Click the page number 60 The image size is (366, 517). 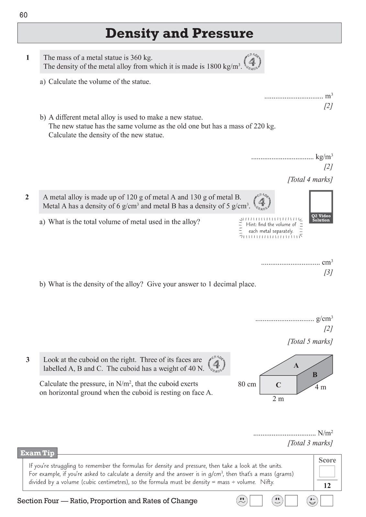[24, 15]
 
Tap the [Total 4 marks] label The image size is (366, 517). [310, 179]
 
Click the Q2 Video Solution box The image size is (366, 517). [321, 207]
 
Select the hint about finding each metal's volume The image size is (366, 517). [271, 228]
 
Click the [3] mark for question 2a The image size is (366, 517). [328, 272]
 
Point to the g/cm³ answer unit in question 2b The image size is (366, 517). [324, 319]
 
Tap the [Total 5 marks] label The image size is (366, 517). [310, 341]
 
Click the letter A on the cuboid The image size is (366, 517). [296, 366]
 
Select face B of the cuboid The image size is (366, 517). [315, 375]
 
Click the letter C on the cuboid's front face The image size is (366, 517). [278, 385]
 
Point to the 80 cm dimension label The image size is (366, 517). [247, 384]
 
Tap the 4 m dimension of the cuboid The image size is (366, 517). [321, 387]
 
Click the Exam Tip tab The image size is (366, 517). [37, 453]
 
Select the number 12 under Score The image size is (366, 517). [327, 486]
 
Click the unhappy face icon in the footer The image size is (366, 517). [242, 501]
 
